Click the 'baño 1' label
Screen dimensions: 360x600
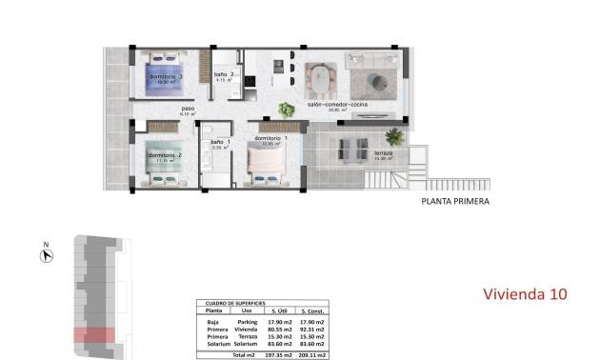coord(221,142)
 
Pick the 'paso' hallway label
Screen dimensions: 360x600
coord(187,109)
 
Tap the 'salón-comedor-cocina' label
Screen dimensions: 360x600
coord(344,105)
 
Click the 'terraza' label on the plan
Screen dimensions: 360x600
coord(383,152)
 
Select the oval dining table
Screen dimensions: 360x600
coord(318,76)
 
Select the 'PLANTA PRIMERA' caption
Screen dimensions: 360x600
coord(455,202)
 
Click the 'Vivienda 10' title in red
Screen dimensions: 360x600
coord(525,294)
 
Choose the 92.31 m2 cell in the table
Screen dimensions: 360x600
coord(312,330)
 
